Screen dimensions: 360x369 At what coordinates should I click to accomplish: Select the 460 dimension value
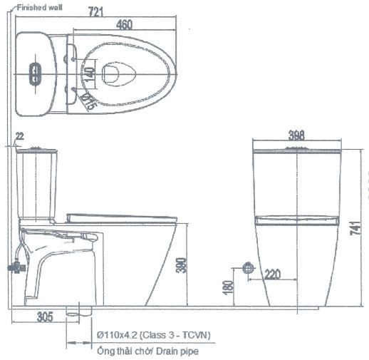[124, 24]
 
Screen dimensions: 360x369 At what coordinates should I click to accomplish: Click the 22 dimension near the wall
[19, 136]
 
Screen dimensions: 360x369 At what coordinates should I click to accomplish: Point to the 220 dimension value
[271, 274]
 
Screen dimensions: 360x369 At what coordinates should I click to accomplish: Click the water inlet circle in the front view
[248, 268]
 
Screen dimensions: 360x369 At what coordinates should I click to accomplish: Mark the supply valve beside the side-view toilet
[14, 267]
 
